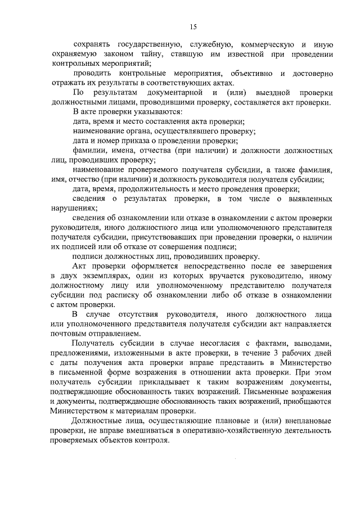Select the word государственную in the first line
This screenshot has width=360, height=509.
point(146,44)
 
